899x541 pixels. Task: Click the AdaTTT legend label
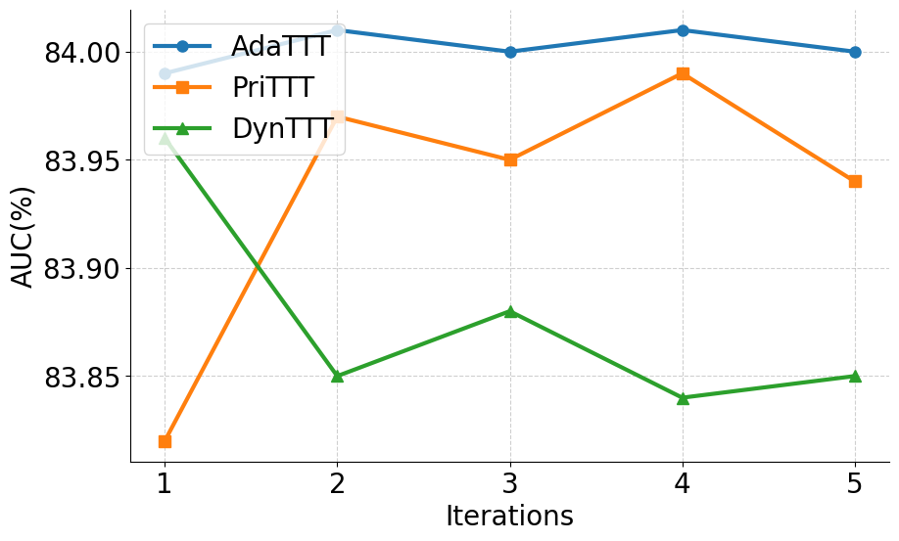(280, 46)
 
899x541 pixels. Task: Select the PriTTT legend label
(273, 88)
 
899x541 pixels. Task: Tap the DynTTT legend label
(280, 129)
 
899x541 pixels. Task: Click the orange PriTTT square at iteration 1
(165, 441)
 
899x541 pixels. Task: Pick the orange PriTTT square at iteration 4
(683, 73)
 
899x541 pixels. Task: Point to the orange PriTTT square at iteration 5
(855, 181)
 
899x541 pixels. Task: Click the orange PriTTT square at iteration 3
(510, 159)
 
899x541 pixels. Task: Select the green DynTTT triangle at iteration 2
(337, 376)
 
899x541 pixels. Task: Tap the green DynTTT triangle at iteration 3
(510, 311)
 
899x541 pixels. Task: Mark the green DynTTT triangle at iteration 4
(683, 397)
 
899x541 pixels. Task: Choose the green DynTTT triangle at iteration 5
(855, 376)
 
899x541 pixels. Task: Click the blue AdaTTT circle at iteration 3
(510, 52)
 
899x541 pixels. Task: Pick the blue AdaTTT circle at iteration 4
(683, 30)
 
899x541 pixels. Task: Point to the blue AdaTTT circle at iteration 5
(855, 52)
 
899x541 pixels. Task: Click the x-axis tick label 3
(510, 483)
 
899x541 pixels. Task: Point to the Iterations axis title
(509, 517)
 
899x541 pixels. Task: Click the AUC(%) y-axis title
(23, 236)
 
